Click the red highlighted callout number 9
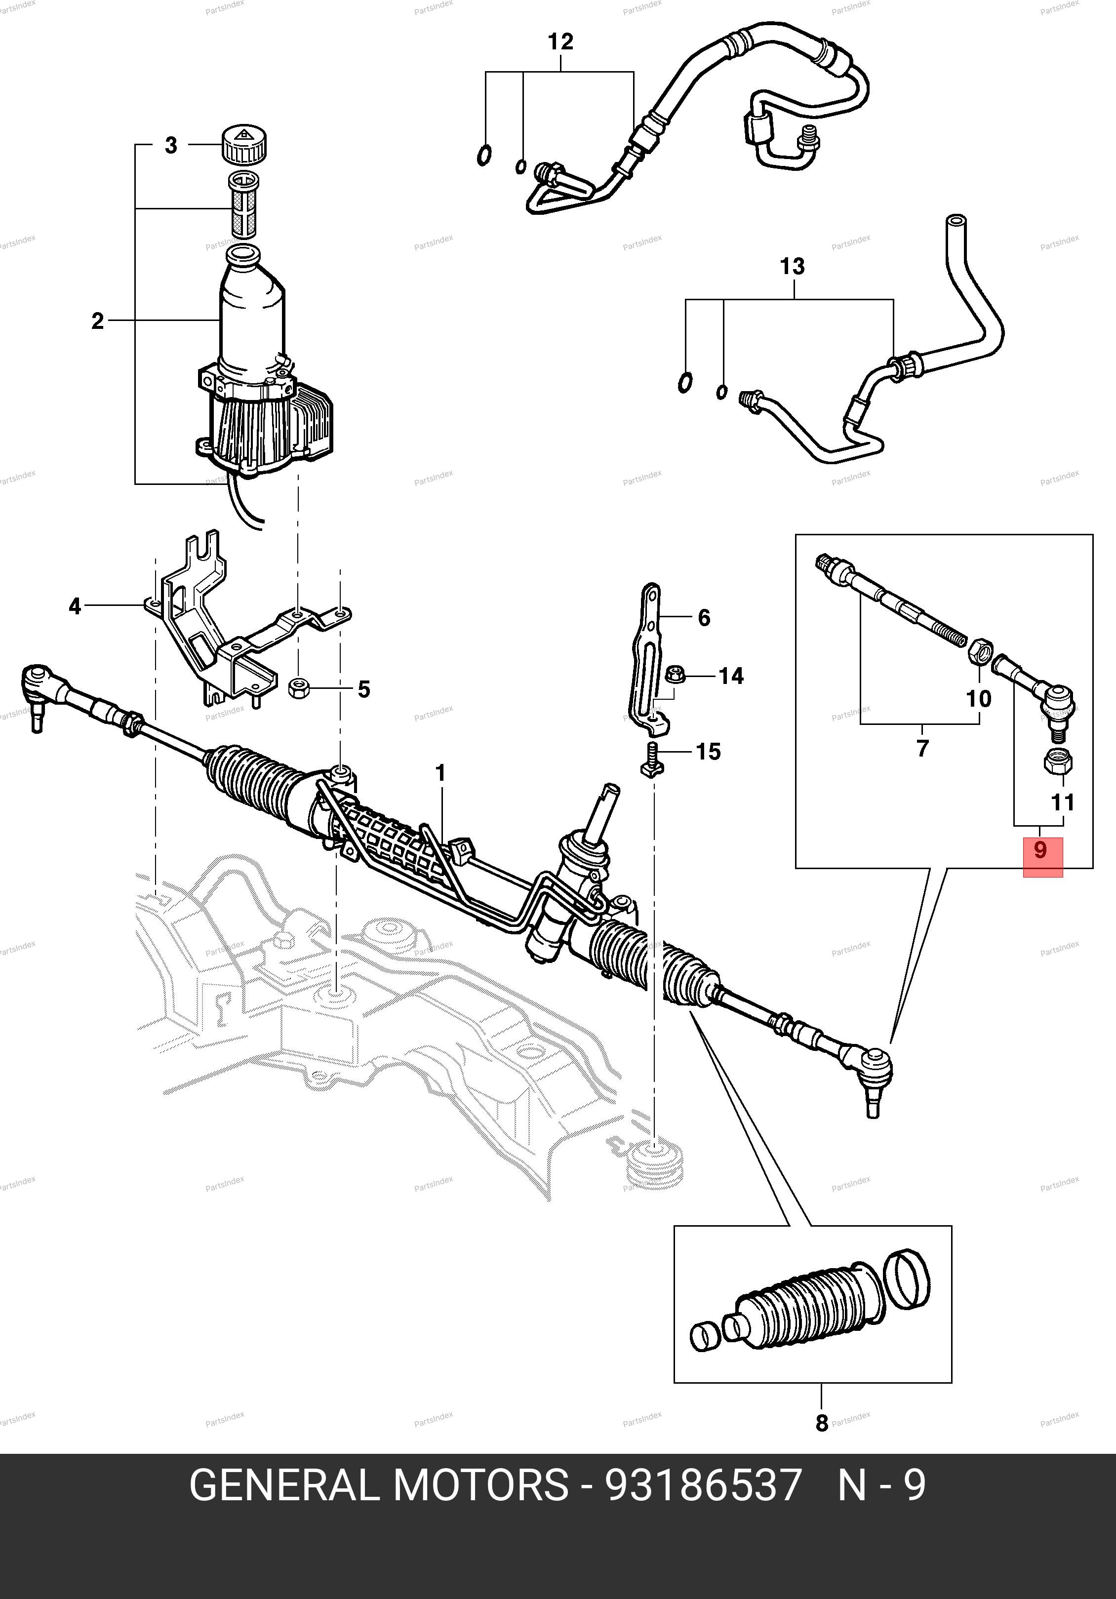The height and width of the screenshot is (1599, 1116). coord(1041,851)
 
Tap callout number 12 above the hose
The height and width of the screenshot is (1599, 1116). coord(560,42)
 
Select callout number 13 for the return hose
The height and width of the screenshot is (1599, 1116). coord(792,267)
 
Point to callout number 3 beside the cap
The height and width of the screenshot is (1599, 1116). coord(170,146)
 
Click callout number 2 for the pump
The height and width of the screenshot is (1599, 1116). coord(97,321)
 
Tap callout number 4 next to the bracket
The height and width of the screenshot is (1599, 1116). coord(75,606)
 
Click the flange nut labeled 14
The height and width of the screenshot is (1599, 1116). coord(675,674)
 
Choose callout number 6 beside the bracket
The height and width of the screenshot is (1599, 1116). coord(704,618)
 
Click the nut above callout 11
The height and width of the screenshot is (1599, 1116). coord(1058,761)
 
